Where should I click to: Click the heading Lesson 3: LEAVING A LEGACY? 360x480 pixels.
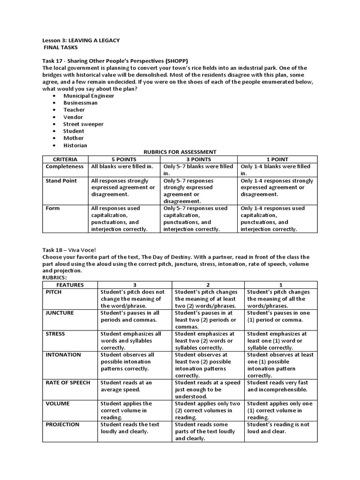click(x=81, y=40)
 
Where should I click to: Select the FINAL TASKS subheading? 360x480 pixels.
click(x=61, y=47)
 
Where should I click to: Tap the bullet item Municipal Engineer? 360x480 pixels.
click(x=89, y=96)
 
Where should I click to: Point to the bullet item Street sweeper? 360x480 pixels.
click(x=83, y=124)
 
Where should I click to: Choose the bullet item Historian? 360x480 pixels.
click(x=75, y=145)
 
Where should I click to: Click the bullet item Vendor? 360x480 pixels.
click(x=73, y=117)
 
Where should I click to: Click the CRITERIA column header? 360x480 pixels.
click(x=65, y=159)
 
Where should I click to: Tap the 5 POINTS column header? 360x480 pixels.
click(x=124, y=159)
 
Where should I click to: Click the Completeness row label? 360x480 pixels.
click(x=64, y=166)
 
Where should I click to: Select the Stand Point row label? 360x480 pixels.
click(x=61, y=180)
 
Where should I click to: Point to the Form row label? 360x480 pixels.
click(x=52, y=208)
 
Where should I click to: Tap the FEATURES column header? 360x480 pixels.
click(x=70, y=285)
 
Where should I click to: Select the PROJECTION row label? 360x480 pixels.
click(x=63, y=424)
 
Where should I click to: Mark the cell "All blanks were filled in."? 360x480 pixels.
click(x=122, y=166)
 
